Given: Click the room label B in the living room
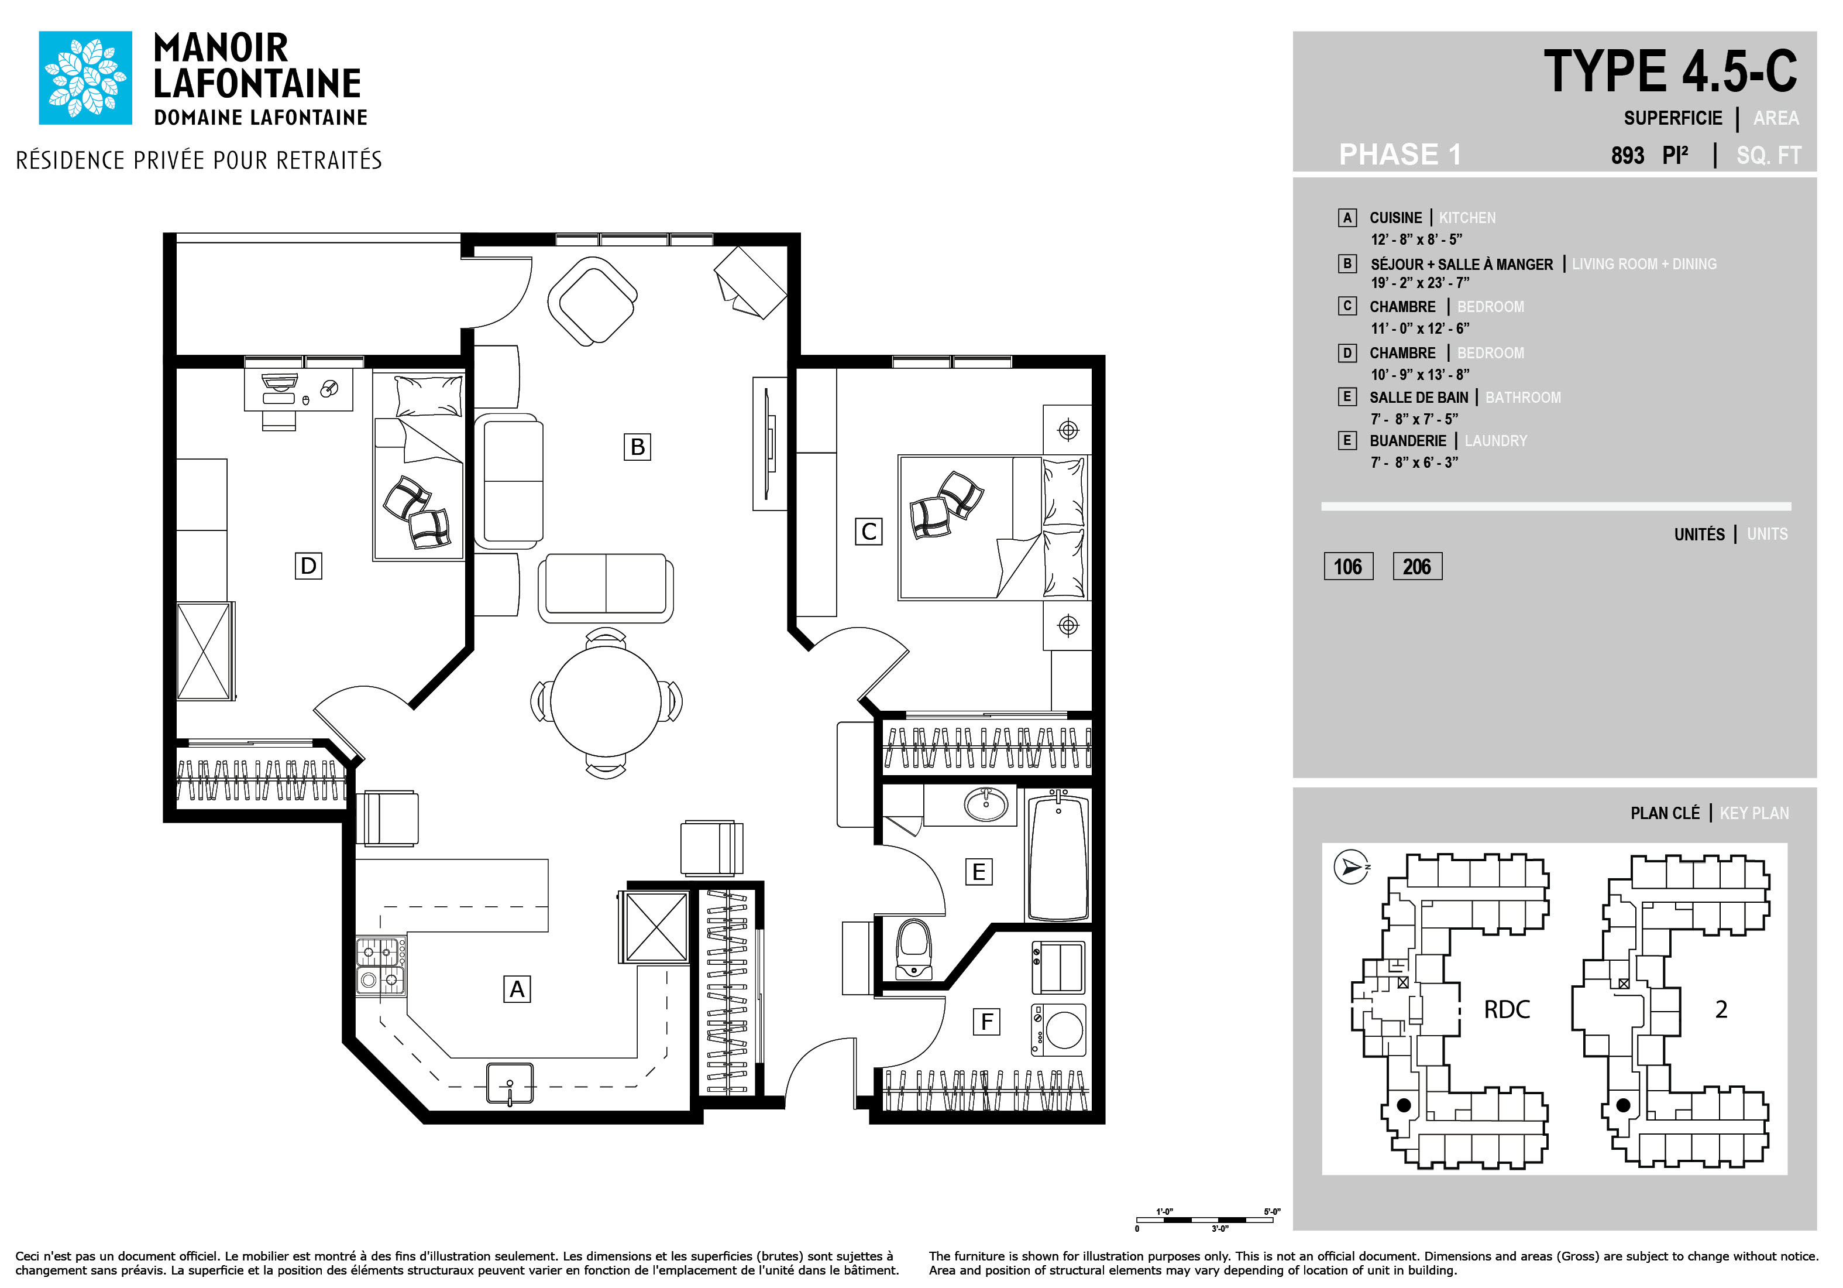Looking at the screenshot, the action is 637,447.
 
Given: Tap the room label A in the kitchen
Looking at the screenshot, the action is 517,988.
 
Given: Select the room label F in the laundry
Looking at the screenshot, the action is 986,1022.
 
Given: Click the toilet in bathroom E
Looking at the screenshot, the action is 913,949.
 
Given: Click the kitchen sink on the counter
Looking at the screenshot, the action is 510,1083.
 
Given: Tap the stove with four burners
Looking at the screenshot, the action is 380,966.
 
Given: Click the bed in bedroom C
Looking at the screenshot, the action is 993,527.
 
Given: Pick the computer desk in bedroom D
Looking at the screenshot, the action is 298,390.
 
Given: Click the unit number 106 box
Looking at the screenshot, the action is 1348,566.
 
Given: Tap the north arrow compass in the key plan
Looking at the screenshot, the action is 1351,866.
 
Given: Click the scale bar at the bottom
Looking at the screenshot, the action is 1205,1220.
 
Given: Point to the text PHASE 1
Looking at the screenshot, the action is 1400,154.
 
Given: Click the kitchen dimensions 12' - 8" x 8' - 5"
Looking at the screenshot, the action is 1416,239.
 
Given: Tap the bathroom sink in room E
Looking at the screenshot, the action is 986,804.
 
